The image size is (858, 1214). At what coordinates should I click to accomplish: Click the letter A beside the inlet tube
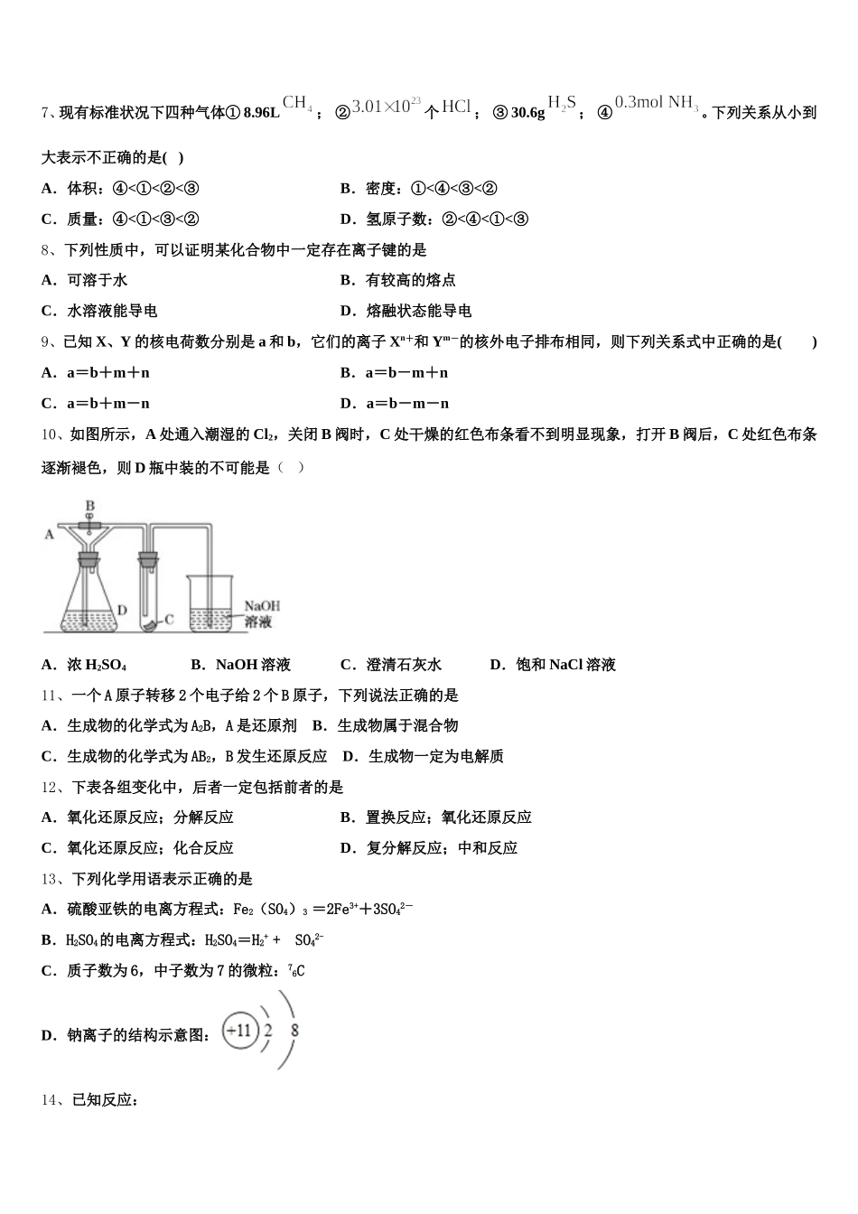(x=49, y=535)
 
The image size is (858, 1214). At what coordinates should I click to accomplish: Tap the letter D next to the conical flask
(x=121, y=611)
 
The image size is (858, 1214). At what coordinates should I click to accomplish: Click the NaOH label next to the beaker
(x=262, y=606)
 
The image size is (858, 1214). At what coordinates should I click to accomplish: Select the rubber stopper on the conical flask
(x=88, y=560)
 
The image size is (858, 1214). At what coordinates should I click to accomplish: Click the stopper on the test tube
(x=149, y=559)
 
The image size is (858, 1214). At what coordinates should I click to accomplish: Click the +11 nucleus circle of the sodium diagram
(x=240, y=1030)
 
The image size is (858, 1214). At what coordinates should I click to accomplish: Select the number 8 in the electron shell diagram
(x=294, y=1030)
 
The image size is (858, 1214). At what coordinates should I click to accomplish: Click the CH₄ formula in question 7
(x=297, y=104)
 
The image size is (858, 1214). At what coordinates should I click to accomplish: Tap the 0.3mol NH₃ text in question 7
(x=657, y=104)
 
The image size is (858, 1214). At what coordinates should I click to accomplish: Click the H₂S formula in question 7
(x=563, y=104)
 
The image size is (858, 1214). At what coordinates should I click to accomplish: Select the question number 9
(x=47, y=342)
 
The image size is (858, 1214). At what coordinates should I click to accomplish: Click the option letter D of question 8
(x=347, y=312)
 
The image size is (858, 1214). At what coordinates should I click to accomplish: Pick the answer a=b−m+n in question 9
(x=406, y=373)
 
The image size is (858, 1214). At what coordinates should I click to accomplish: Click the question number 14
(x=50, y=1100)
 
